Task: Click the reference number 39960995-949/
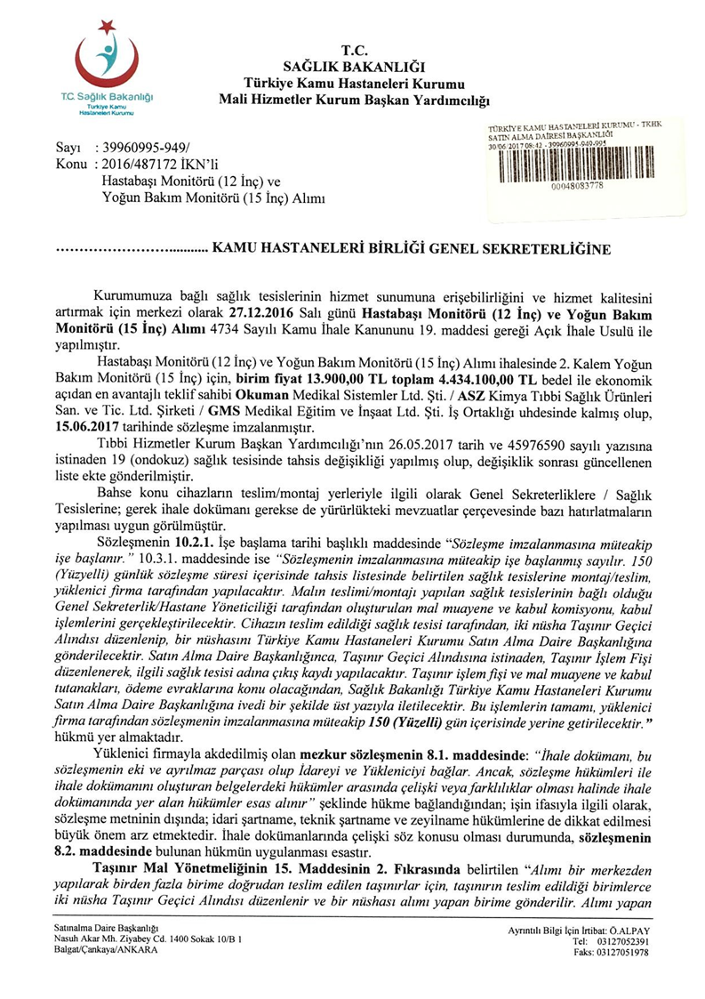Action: tap(142, 147)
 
